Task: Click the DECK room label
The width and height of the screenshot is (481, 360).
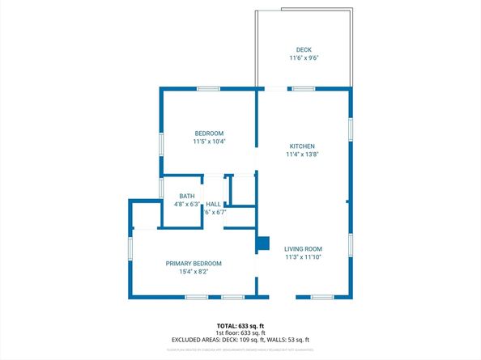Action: point(304,49)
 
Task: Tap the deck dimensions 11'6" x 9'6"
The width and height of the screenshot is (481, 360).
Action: point(304,58)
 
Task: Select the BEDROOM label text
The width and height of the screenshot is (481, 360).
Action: point(209,133)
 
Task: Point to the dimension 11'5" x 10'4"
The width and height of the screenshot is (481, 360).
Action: point(209,142)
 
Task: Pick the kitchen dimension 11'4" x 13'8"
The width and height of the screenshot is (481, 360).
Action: point(303,155)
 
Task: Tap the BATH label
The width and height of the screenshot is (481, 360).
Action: point(187,196)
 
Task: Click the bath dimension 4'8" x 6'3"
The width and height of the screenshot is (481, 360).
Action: point(187,205)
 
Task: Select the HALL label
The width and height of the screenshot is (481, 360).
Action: point(214,204)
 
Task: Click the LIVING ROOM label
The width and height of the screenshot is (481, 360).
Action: point(304,248)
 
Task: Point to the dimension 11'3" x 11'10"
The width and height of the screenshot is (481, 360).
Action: point(304,257)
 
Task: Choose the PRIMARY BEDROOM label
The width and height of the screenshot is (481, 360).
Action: point(194,263)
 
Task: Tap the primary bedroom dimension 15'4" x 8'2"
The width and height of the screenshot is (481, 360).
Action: point(194,272)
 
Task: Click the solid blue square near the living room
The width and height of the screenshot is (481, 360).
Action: point(262,241)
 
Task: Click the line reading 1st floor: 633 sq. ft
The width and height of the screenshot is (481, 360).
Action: point(240,332)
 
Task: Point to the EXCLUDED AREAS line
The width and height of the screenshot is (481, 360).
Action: point(240,340)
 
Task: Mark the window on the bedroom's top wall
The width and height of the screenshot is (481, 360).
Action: point(207,88)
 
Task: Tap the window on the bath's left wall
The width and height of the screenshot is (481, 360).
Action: point(161,188)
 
